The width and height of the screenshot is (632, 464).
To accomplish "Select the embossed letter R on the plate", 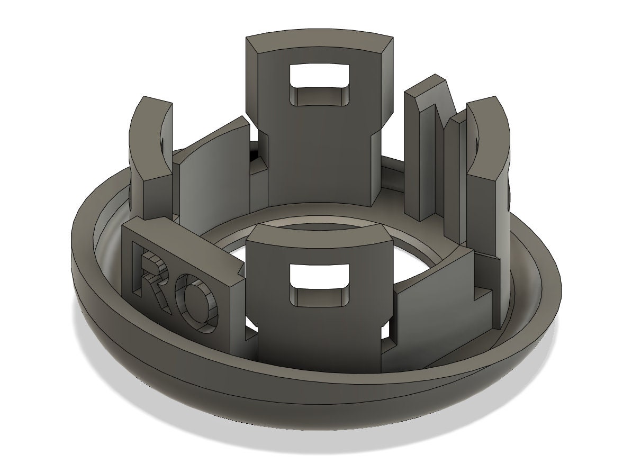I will click(x=153, y=275).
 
